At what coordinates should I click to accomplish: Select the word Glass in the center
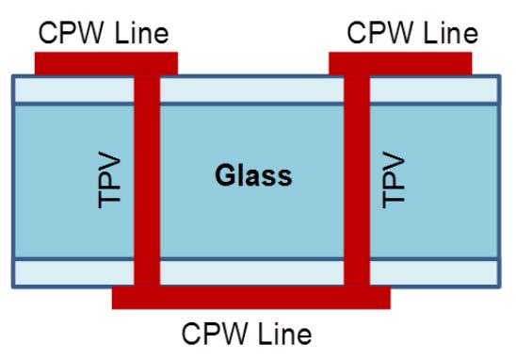[x=251, y=174]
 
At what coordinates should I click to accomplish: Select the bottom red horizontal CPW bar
[x=250, y=298]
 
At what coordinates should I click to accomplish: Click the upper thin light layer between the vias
[x=251, y=90]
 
